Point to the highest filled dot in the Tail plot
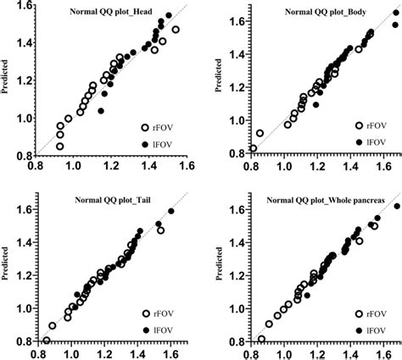[x=171, y=210]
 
